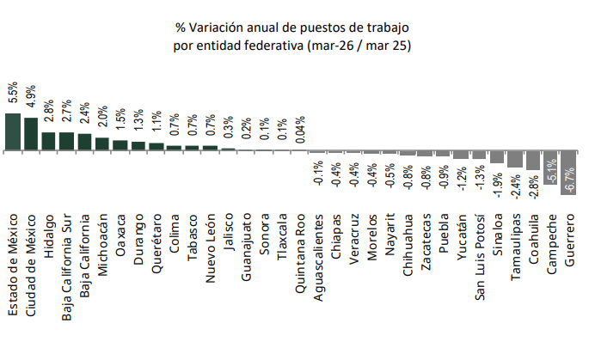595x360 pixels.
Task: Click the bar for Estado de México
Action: point(13,132)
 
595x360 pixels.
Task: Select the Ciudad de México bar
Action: point(31,134)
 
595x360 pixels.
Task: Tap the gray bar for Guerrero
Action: point(568,173)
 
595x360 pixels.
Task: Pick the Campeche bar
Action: point(550,168)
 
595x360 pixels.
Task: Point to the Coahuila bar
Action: point(533,161)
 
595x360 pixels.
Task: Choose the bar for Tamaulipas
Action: point(515,159)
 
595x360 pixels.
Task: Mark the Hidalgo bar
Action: point(48,142)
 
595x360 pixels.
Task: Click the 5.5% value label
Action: point(13,92)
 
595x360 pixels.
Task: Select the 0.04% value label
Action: point(300,130)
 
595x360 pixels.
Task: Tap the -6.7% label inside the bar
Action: point(569,180)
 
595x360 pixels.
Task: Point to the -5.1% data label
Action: point(551,172)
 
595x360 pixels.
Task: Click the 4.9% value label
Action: point(31,96)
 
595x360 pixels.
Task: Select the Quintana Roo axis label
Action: point(300,253)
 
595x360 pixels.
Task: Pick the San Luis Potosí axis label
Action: point(480,257)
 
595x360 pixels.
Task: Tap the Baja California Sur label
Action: point(67,267)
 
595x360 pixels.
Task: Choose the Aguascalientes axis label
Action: point(318,258)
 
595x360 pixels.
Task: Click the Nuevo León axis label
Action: point(210,248)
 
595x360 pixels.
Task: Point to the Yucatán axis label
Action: point(462,237)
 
